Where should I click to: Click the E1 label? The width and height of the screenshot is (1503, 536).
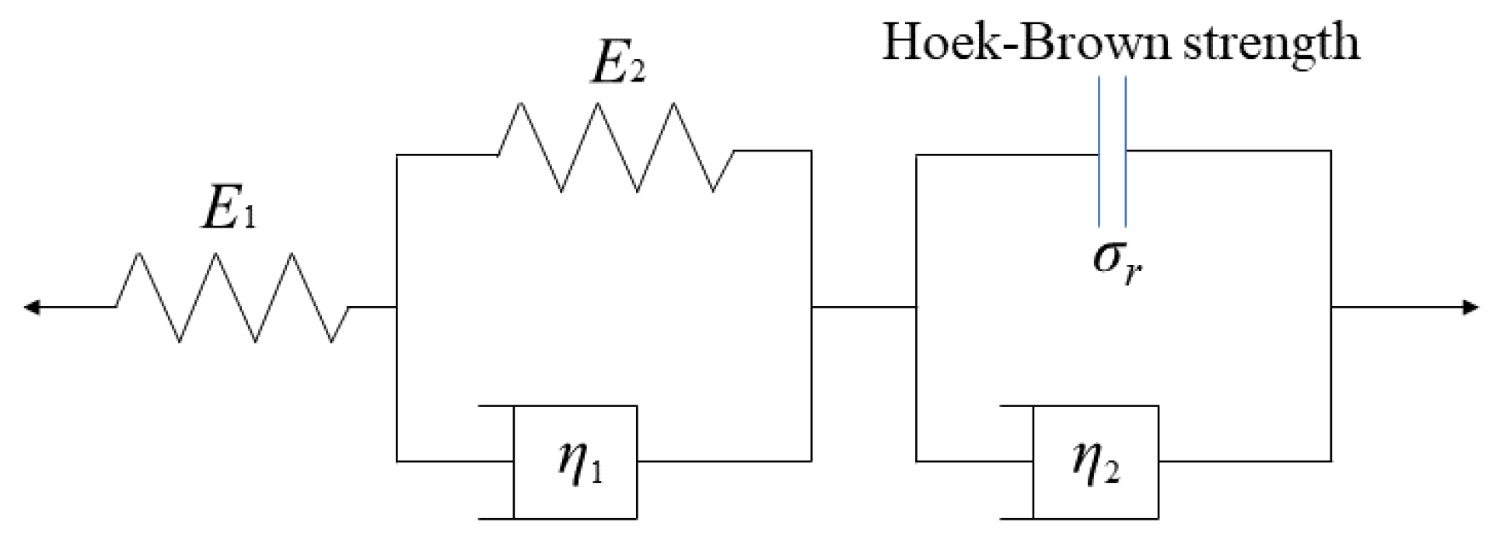[x=228, y=208]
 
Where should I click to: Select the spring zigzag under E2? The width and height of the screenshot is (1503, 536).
[x=616, y=148]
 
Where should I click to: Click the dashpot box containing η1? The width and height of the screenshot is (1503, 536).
[x=575, y=461]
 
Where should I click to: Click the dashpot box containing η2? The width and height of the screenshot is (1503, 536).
[x=1096, y=461]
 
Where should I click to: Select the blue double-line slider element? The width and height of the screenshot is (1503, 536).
[x=1112, y=151]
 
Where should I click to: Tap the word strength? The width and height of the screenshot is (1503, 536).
[x=1271, y=43]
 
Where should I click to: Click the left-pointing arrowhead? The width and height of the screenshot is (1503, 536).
[x=31, y=307]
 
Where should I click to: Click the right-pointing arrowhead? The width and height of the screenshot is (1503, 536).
[x=1471, y=307]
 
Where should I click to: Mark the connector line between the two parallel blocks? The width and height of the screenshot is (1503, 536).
[x=864, y=307]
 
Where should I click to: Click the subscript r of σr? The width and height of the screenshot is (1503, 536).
[x=1133, y=272]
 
